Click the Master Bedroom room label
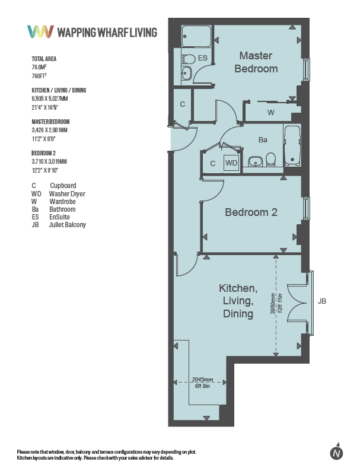[256, 62]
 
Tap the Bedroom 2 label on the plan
[251, 212]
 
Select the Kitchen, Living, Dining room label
[238, 301]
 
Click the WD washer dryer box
[231, 163]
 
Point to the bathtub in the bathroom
[292, 146]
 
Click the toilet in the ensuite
[189, 59]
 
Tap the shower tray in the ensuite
[197, 36]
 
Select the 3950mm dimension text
[273, 303]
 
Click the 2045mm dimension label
[202, 380]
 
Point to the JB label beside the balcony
[322, 301]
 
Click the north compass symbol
[337, 451]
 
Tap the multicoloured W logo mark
[40, 31]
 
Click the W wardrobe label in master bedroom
[271, 113]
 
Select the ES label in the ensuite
[203, 58]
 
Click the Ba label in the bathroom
[263, 139]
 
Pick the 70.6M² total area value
[39, 67]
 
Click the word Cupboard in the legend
[63, 186]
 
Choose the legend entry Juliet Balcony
[68, 225]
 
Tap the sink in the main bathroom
[256, 161]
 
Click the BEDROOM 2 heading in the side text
[43, 153]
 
